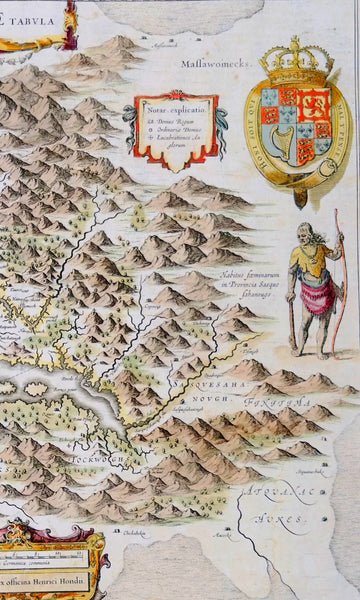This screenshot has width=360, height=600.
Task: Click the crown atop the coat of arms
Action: point(294,59)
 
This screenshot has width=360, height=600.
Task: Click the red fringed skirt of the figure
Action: point(317,297)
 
